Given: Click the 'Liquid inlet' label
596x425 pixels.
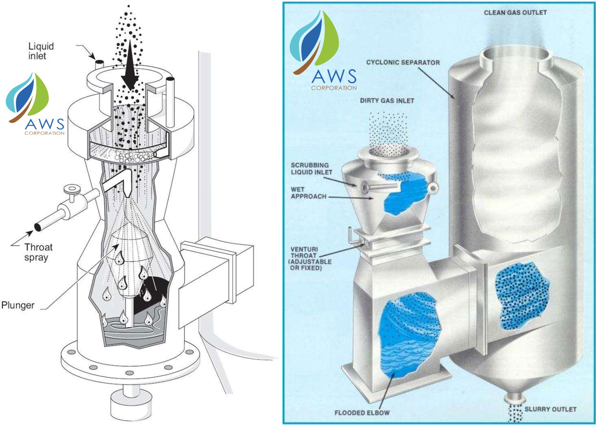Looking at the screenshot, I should (x=41, y=51).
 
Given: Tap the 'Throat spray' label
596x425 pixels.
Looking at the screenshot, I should (x=38, y=252).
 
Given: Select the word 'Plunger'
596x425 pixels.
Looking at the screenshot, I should (x=18, y=305).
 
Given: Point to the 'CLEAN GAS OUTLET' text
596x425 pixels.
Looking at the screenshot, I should (x=515, y=13).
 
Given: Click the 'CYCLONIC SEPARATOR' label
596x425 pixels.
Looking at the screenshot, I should (x=402, y=63).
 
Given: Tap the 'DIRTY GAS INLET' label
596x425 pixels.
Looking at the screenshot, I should (x=387, y=101).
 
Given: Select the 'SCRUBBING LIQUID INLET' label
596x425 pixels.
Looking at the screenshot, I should (x=311, y=169).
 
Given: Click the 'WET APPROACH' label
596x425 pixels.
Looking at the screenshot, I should (x=308, y=193).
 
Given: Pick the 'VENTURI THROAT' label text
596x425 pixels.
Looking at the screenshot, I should (x=310, y=258).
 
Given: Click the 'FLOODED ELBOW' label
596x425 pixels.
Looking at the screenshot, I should (x=362, y=413).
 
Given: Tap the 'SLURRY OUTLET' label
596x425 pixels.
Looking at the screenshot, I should (x=550, y=409).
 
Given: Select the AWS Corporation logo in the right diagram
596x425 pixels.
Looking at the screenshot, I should (x=324, y=53).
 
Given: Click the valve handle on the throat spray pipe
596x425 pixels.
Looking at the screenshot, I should (x=70, y=190).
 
